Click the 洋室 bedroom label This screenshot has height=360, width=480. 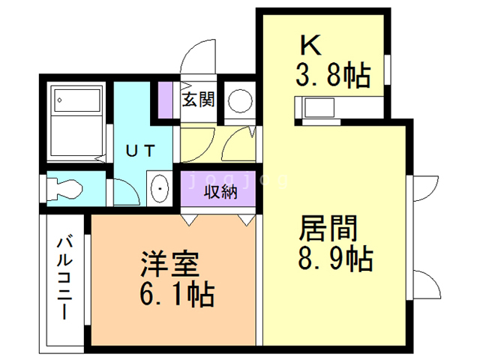point(169,265)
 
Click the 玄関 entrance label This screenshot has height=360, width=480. point(199,98)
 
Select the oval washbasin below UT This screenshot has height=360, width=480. point(158,188)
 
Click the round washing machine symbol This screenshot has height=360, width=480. point(241,100)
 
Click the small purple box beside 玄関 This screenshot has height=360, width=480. point(164,97)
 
